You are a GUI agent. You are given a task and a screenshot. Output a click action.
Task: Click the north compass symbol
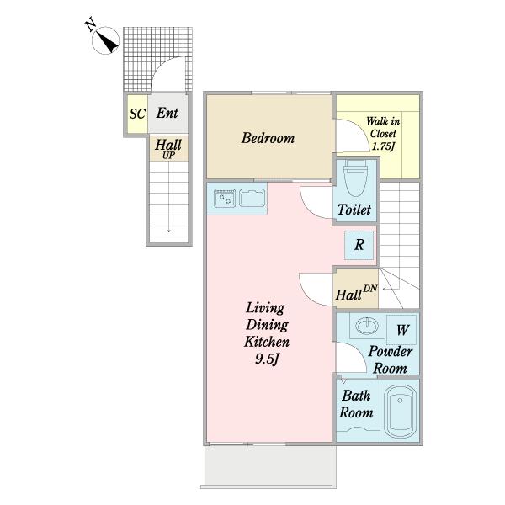(105, 40)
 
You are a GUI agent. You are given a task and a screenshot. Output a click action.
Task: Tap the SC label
(137, 114)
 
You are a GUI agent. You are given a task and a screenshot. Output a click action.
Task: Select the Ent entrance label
(167, 113)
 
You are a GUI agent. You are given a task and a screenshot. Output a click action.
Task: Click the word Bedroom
(268, 138)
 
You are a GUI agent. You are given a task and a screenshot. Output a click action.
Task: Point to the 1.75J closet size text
(383, 146)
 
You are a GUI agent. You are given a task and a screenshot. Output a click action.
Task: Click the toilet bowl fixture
(355, 178)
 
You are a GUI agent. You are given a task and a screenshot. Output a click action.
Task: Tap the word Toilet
(354, 210)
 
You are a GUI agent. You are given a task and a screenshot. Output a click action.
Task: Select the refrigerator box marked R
(359, 245)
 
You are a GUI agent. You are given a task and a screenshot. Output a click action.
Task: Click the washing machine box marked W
(401, 330)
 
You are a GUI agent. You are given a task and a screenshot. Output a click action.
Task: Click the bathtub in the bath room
(400, 412)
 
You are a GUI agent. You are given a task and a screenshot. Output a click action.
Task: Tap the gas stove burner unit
(225, 198)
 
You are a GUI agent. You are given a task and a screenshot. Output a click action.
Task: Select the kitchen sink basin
(252, 198)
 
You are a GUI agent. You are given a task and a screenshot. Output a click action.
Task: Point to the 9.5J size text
(267, 359)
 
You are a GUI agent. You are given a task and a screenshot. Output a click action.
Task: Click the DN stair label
(370, 288)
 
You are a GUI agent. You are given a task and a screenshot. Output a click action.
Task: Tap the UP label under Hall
(169, 156)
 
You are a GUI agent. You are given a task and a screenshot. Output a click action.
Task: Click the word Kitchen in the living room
(267, 342)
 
